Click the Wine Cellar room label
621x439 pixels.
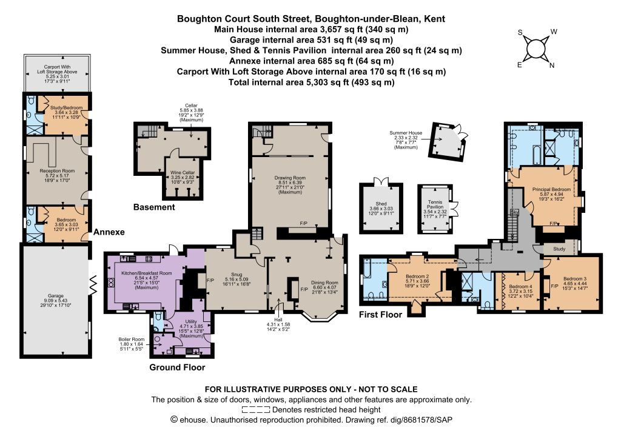coord(183,173)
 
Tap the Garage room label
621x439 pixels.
coord(56,296)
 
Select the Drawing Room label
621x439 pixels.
coord(290,178)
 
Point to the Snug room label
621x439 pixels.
coord(237,274)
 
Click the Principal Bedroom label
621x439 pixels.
coord(552,189)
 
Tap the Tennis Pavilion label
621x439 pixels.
coord(435,204)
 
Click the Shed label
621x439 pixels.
coord(381,204)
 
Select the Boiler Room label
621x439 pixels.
coord(131,339)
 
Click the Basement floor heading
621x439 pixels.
coord(154,207)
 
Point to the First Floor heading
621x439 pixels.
coord(381,315)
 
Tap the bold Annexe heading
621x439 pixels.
coord(109,232)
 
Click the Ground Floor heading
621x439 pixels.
coord(177,367)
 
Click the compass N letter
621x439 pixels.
coord(552,65)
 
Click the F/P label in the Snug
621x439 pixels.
coord(210,280)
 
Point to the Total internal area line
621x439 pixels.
coord(311,82)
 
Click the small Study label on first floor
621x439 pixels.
coord(559,249)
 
